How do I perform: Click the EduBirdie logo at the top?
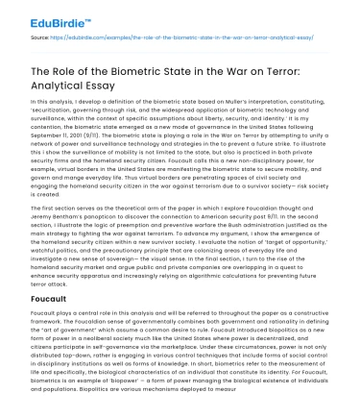coord(39,15)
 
